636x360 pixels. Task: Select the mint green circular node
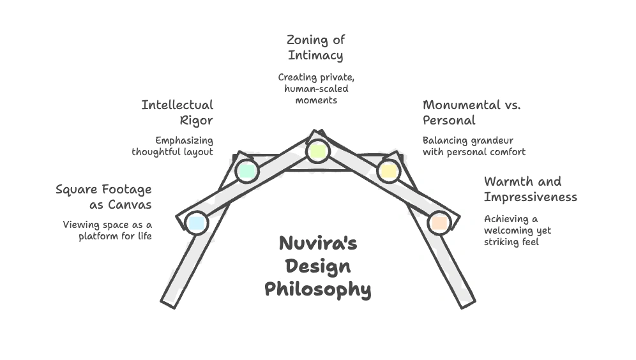click(x=246, y=170)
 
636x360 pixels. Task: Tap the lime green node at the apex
click(x=317, y=152)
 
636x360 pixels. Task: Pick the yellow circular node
click(x=388, y=170)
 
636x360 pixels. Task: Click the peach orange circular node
click(x=439, y=223)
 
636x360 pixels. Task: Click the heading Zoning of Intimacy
click(x=315, y=48)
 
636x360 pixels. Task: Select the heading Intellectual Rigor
click(x=178, y=112)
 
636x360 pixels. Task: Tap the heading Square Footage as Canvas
click(x=104, y=197)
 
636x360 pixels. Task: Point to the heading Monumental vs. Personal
click(x=471, y=112)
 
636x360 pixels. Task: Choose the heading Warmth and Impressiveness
click(x=530, y=189)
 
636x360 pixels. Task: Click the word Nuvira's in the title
click(x=317, y=244)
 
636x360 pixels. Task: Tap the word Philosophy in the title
click(x=317, y=289)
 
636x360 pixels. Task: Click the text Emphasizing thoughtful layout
click(x=172, y=146)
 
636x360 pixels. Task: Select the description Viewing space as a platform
click(x=107, y=230)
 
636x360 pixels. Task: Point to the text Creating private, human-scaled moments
click(x=317, y=89)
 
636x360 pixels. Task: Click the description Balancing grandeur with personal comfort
click(x=474, y=146)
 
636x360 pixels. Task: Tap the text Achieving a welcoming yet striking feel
click(x=517, y=230)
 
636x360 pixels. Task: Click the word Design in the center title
click(x=317, y=267)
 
